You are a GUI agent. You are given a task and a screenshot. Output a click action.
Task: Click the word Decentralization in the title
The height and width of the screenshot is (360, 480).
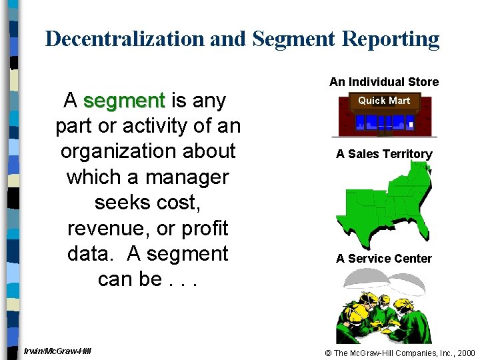tap(125, 39)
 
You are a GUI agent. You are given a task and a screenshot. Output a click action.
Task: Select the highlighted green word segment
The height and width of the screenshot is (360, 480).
tap(124, 101)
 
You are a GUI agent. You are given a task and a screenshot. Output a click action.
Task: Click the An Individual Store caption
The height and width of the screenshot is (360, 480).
tap(384, 82)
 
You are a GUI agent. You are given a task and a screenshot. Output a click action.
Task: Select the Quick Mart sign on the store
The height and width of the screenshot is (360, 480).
tap(384, 101)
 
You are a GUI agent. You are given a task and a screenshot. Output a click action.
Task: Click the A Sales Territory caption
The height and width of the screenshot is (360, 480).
tap(384, 154)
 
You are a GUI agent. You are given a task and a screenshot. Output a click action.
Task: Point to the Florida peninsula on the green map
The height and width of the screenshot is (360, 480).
tap(420, 230)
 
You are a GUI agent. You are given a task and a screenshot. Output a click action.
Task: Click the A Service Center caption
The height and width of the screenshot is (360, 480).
tap(384, 259)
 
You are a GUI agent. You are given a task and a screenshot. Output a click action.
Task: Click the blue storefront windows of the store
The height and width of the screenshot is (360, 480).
tap(384, 123)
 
